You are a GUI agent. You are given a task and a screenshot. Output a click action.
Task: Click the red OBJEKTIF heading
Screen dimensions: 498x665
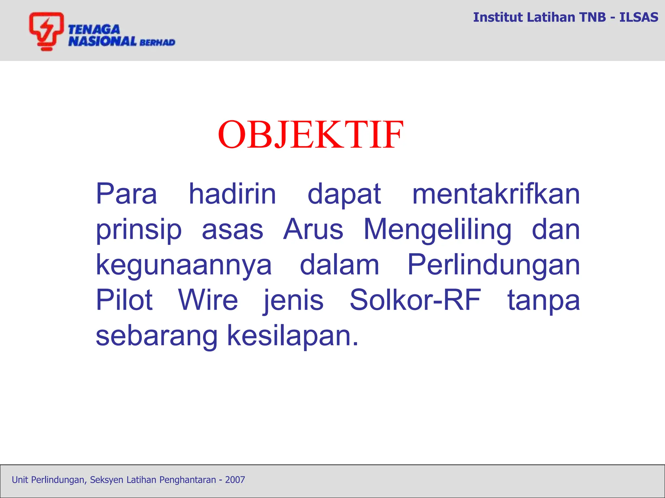coord(311,134)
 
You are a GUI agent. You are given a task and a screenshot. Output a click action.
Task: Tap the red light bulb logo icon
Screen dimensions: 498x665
coord(46,31)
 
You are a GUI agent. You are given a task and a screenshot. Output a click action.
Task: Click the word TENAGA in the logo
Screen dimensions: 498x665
coord(94,30)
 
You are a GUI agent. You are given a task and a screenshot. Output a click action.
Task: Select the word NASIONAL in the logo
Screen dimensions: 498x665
coord(102,41)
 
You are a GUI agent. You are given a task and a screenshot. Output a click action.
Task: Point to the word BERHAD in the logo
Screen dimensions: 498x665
coord(157,42)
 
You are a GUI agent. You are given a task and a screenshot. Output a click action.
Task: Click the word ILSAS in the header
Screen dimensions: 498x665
coord(638,17)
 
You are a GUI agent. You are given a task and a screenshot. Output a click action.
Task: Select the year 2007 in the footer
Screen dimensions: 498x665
coord(235,480)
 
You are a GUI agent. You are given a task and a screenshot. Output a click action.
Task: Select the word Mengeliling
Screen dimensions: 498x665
coord(437,230)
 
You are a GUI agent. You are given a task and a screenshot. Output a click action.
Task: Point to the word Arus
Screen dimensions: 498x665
coord(313,230)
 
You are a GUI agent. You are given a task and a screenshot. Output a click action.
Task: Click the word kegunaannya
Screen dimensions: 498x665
coord(183,265)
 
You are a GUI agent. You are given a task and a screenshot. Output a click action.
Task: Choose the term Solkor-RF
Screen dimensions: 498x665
coord(415,300)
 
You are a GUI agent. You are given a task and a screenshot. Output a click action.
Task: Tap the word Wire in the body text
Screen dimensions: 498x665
coord(208,300)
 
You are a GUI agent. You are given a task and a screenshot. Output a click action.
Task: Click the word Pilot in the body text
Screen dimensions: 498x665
coord(124,300)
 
